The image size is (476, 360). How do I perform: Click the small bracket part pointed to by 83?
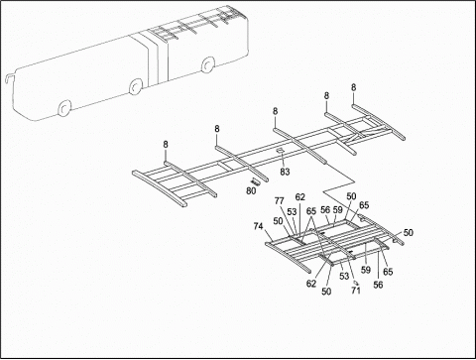[x=282, y=152]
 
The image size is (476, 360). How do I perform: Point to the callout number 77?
[x=280, y=200]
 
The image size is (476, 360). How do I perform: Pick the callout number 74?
[x=259, y=226]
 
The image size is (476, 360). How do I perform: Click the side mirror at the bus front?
[x=9, y=77]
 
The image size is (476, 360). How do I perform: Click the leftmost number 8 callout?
[x=166, y=146]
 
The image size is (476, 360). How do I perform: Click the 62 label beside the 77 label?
[x=300, y=197]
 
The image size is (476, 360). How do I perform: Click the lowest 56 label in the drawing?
[x=378, y=285]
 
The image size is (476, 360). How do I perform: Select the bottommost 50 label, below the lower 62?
[x=327, y=293]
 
